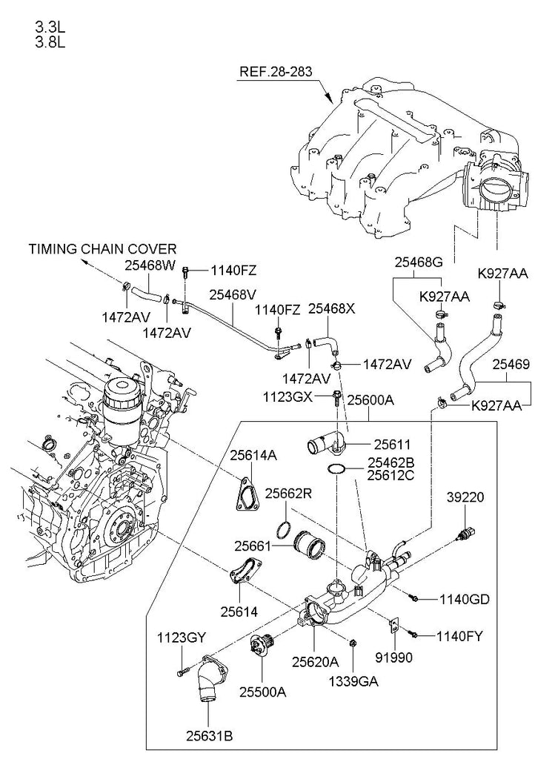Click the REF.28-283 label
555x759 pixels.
tap(276, 73)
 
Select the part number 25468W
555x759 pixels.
tap(150, 264)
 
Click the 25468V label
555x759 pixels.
tap(233, 295)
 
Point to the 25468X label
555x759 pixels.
tap(331, 308)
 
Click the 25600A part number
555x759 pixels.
tap(370, 400)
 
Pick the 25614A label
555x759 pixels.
tap(252, 455)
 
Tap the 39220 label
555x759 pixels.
tap(465, 497)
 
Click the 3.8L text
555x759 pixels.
tap(50, 42)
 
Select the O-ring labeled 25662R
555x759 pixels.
tap(282, 530)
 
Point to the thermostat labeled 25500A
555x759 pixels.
tap(263, 645)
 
